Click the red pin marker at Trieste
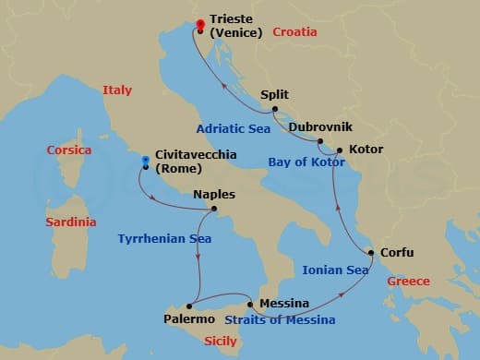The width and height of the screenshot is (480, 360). (200, 24)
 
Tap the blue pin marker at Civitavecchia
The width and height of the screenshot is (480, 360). (145, 162)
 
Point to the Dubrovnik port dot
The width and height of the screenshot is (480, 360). (319, 141)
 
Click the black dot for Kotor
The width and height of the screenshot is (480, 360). (340, 150)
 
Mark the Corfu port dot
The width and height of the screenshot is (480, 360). (371, 252)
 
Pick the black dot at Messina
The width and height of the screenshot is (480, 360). (249, 304)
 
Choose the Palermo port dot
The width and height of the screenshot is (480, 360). (189, 306)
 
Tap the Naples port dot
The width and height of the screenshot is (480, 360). (214, 209)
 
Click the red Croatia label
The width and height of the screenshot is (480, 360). (294, 32)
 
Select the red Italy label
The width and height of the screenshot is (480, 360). (117, 90)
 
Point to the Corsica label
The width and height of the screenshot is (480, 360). (69, 150)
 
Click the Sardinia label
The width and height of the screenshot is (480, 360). (71, 222)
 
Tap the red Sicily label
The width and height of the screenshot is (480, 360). (220, 342)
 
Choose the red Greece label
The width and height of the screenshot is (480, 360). (408, 282)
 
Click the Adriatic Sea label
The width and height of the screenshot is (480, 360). (234, 128)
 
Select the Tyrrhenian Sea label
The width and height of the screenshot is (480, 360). (164, 239)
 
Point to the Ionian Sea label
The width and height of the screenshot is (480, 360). (336, 270)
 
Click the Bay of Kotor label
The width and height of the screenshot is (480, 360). (306, 162)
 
